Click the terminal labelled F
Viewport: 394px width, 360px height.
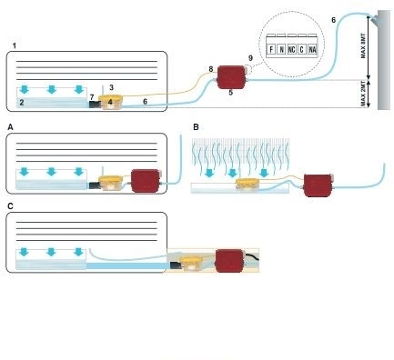(x=271, y=49)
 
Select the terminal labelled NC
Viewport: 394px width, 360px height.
(x=291, y=49)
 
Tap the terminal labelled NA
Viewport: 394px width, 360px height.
(x=312, y=49)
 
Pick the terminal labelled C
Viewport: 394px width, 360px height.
(x=302, y=49)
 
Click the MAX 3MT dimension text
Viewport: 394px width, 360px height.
(x=363, y=45)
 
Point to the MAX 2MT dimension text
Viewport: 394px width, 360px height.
(x=363, y=95)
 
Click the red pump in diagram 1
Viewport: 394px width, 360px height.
(x=231, y=77)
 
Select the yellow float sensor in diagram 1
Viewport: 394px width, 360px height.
(x=111, y=102)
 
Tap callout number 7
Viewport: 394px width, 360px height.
(x=92, y=97)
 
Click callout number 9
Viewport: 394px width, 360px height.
(x=250, y=58)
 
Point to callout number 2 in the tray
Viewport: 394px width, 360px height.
(x=22, y=103)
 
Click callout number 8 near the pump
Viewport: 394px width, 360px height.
(x=211, y=69)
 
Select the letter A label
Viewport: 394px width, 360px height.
(x=11, y=127)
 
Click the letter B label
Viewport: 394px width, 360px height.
(x=196, y=127)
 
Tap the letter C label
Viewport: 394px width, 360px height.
(x=11, y=206)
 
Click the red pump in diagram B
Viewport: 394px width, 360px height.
(x=317, y=185)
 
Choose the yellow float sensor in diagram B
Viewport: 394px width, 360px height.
(x=248, y=184)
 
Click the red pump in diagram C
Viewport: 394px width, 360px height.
(x=229, y=260)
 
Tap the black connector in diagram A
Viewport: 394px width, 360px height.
(x=94, y=185)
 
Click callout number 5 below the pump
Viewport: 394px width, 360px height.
(x=231, y=93)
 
